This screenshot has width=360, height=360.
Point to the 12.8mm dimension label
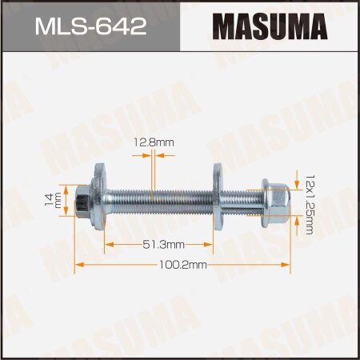pos(155,143)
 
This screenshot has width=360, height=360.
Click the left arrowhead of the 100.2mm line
pos(79,264)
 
